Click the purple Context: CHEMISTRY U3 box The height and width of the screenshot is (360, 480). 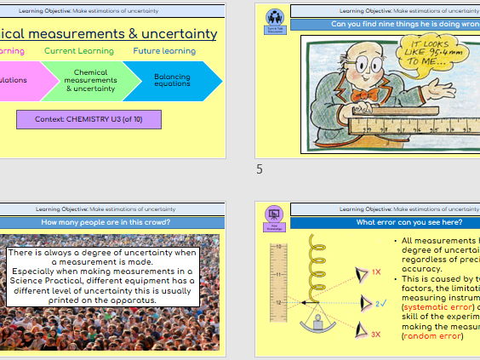coord(89,118)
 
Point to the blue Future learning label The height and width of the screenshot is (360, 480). coord(164,51)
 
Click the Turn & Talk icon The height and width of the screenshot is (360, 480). coord(275,20)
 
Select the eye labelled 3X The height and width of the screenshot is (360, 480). coord(359,333)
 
